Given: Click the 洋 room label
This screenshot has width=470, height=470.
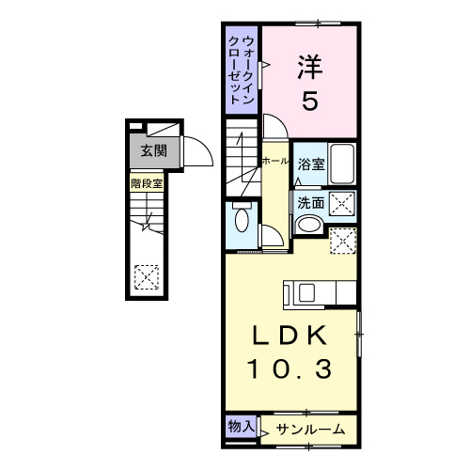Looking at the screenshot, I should tap(310, 69).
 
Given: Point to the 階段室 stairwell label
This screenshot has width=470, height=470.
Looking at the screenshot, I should tap(147, 183).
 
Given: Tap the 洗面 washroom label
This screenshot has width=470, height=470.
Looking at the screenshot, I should tap(311, 201).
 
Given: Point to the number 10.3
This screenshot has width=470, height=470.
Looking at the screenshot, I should tap(290, 371).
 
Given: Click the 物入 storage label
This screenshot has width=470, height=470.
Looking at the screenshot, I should tap(241, 426).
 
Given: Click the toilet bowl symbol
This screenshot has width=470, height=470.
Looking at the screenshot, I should tap(243, 221).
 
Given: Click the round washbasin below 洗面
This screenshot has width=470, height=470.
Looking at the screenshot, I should tap(307, 225).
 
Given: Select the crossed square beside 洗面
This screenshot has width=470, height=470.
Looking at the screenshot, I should tap(341, 201).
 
